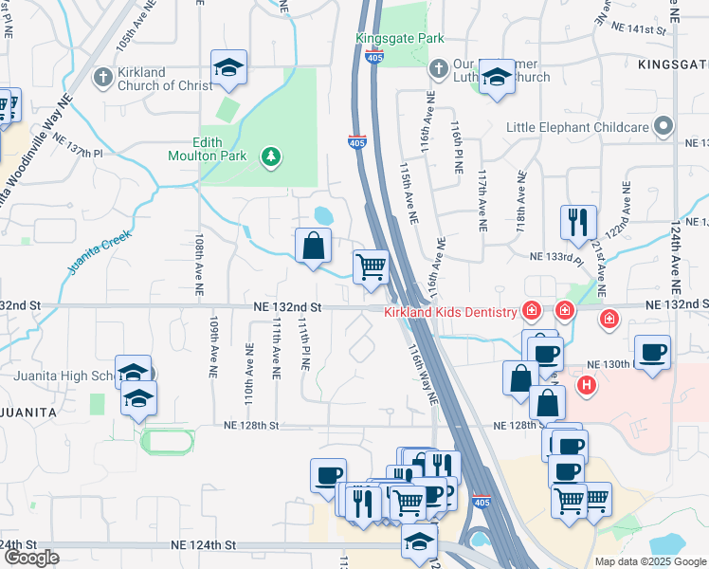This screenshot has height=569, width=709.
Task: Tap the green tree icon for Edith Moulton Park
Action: (x=272, y=156)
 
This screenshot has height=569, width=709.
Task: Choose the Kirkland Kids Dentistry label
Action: (x=449, y=312)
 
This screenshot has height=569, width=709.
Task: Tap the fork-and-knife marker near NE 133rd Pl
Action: (x=578, y=223)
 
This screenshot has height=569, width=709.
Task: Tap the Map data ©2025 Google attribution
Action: (x=649, y=561)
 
